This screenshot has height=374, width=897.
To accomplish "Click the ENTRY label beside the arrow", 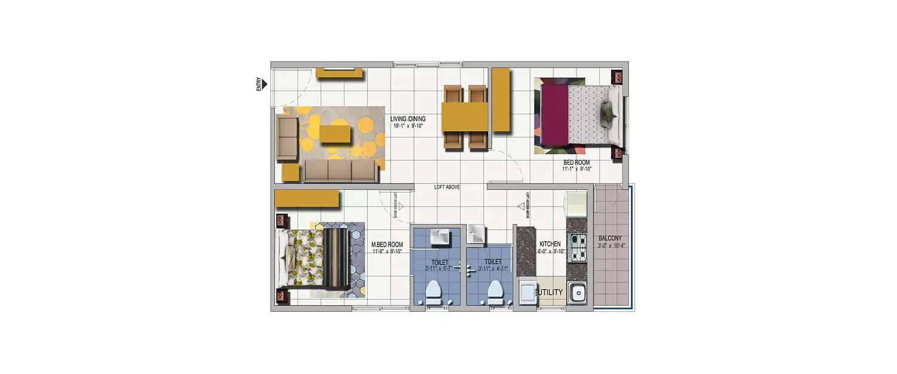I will [x=259, y=84].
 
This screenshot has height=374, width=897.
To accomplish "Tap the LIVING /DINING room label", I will [x=408, y=119].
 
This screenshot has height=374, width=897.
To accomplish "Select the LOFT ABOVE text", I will [x=447, y=187].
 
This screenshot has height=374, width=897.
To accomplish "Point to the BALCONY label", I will [x=610, y=238].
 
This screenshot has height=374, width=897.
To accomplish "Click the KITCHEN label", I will [x=550, y=244].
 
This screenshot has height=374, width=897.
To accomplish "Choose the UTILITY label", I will [x=551, y=293].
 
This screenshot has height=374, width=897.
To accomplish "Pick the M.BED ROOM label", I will [x=387, y=245].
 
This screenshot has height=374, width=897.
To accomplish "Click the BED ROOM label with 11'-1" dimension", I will [x=576, y=162].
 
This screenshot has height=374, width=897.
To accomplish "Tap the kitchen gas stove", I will [x=576, y=248].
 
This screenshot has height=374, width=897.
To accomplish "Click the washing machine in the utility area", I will [x=527, y=293].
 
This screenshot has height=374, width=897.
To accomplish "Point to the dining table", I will [x=465, y=117].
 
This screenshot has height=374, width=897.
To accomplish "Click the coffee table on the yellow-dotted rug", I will [x=335, y=134].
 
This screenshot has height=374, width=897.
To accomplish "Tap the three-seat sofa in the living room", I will [x=340, y=171].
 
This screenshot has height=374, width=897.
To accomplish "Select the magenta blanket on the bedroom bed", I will [x=554, y=114].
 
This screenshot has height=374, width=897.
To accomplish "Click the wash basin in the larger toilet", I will [x=440, y=237].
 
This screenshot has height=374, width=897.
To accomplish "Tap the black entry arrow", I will [x=264, y=84].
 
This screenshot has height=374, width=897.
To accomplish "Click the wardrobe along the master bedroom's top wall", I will [x=306, y=199].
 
